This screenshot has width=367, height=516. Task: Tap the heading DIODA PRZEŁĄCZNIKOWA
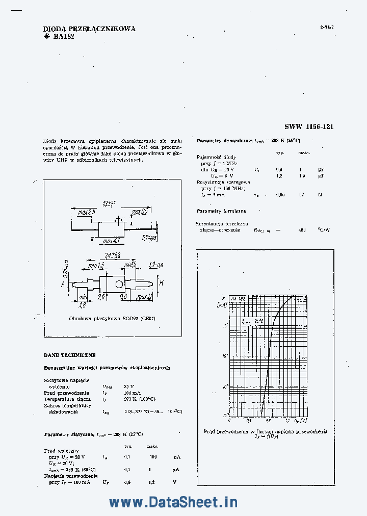pos(89,29)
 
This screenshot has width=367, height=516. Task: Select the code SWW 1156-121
pos(309,127)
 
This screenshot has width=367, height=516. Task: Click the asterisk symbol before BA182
pos(47,37)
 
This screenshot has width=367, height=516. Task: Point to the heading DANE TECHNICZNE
pos(70,355)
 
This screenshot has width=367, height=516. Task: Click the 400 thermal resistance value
pos(302,230)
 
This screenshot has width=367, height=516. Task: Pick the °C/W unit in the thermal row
pos(323,230)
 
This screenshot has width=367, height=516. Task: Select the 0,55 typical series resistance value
pos(280,195)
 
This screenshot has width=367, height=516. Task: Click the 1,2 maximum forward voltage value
pos(151,482)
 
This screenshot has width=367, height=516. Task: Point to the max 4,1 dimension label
pos(111,241)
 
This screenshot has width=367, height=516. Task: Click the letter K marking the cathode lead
pos(161,282)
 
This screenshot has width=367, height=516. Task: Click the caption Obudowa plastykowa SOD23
pos(112,318)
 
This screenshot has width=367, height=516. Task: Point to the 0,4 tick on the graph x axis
pos(249,421)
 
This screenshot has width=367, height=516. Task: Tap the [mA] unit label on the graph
pos(222,305)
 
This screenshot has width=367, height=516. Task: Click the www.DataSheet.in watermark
pos(173,502)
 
